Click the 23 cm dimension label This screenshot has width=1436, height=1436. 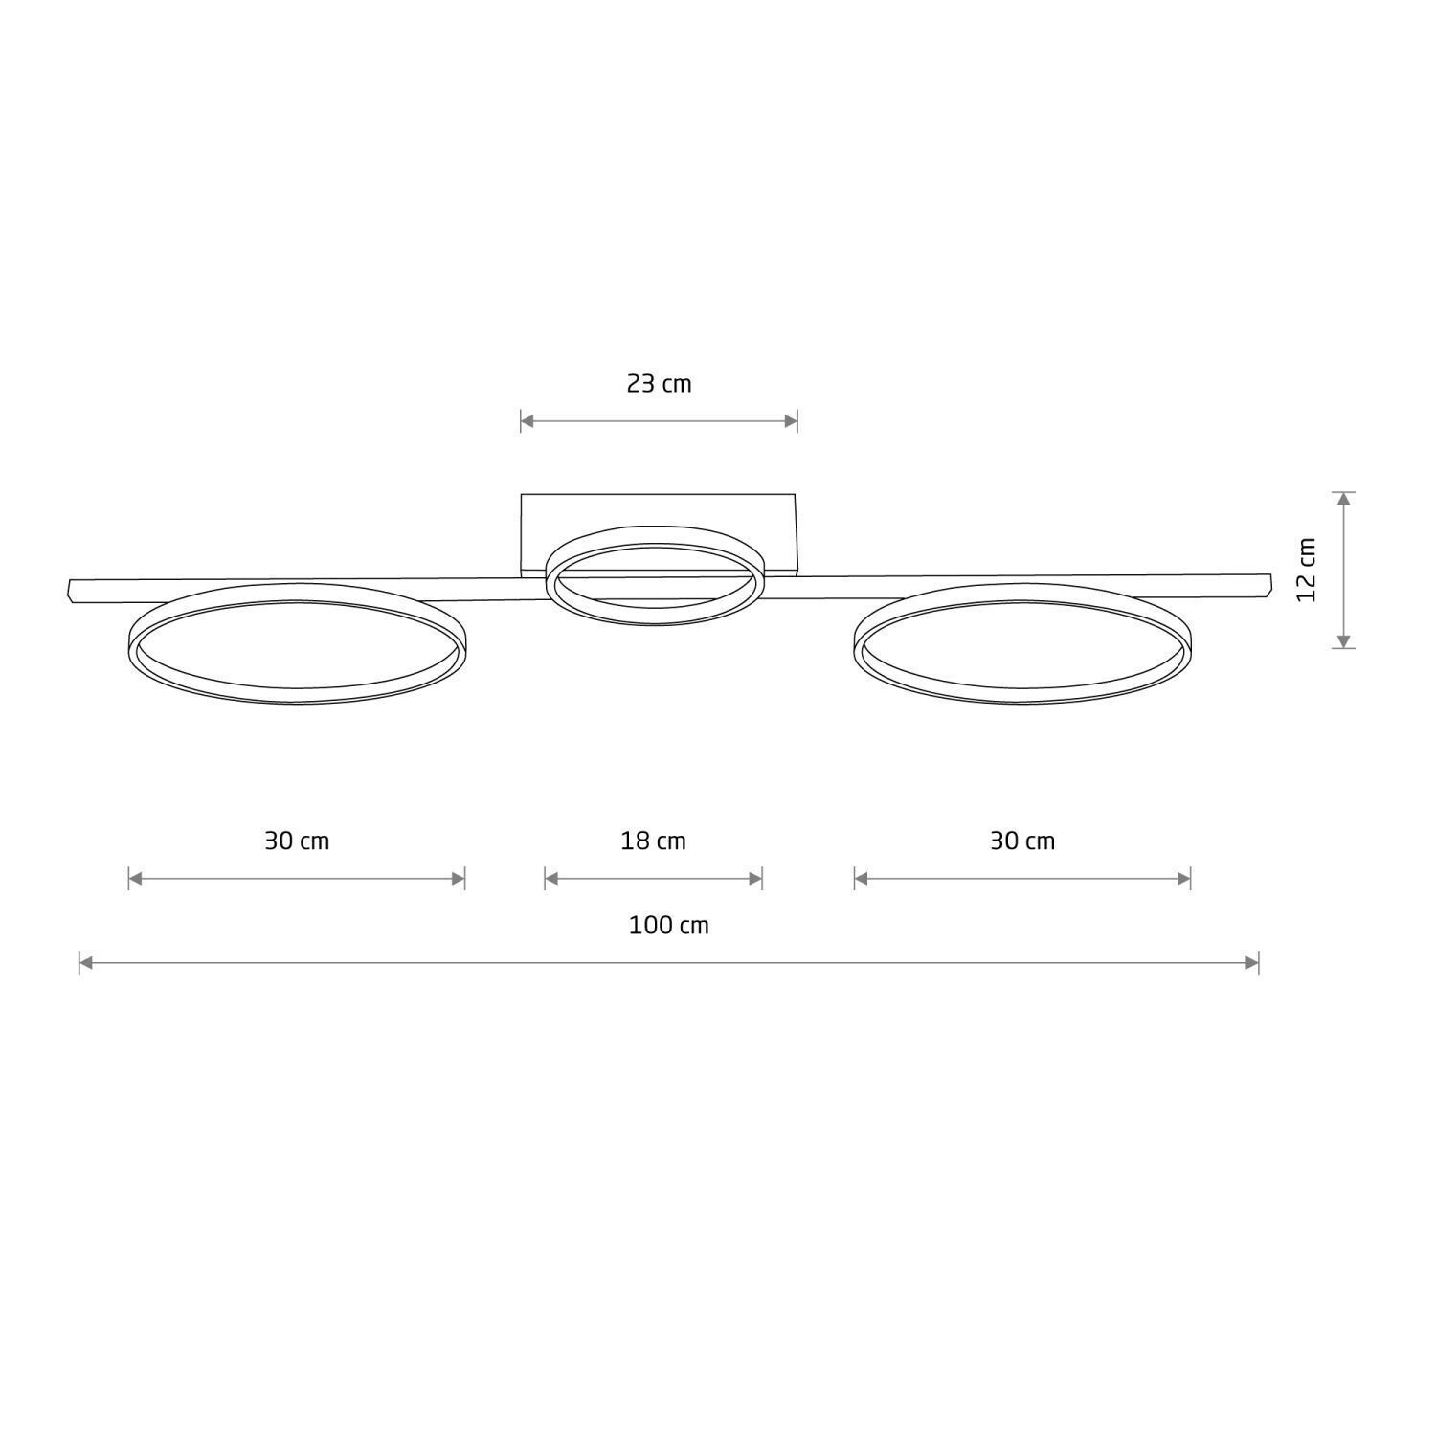point(659,384)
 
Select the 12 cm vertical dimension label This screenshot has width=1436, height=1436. point(1308,570)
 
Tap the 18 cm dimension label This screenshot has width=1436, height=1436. point(653,841)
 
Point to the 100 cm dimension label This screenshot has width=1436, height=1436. point(668,926)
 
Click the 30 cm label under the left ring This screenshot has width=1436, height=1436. point(297,841)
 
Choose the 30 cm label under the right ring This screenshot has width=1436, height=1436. point(1022,841)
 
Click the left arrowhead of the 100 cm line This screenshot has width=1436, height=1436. point(85,963)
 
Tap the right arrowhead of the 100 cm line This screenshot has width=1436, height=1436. point(1252,963)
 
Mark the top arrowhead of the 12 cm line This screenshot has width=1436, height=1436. point(1344,499)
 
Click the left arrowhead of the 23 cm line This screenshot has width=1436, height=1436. point(527,420)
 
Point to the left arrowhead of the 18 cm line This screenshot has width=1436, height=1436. point(550,879)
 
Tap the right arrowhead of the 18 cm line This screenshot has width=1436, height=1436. point(756,879)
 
